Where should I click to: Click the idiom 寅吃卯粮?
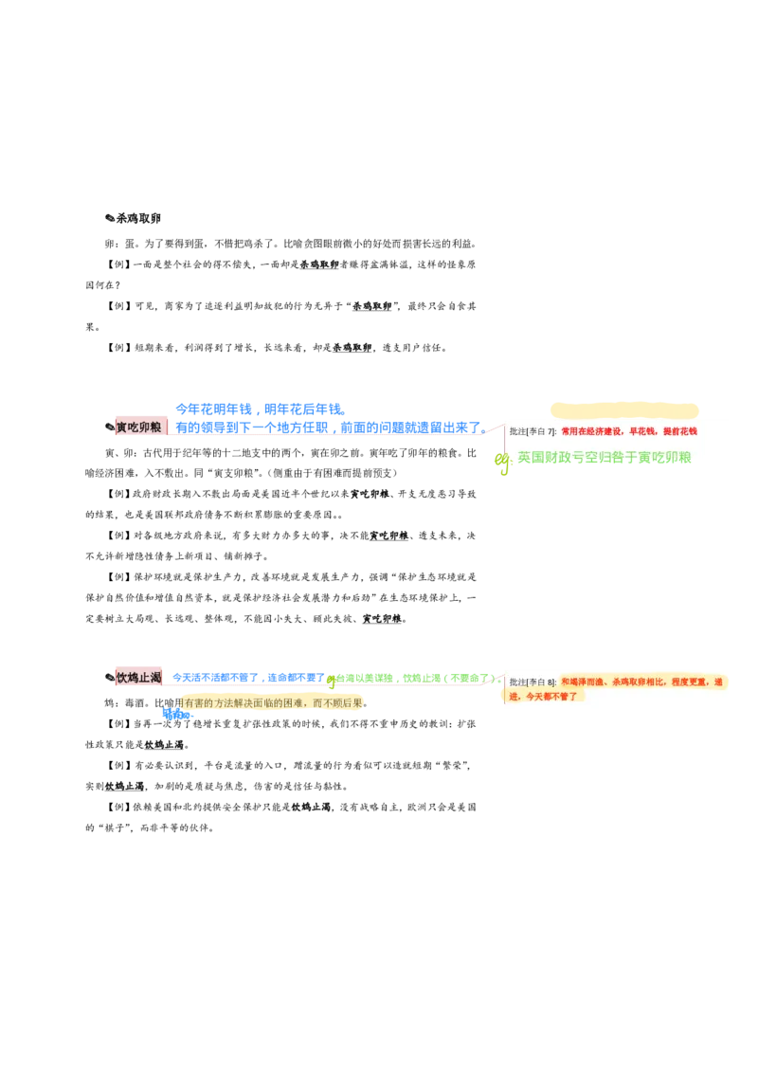[139, 427]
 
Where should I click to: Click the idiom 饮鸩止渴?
[139, 678]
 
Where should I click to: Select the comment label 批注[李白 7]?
[532, 431]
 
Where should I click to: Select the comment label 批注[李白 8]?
[532, 682]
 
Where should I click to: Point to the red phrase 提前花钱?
[680, 431]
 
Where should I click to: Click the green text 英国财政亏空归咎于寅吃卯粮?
[605, 458]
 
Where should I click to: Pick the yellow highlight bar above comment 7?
[624, 410]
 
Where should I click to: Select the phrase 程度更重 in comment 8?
[691, 682]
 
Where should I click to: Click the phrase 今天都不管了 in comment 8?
[551, 697]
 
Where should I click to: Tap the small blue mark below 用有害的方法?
[177, 715]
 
